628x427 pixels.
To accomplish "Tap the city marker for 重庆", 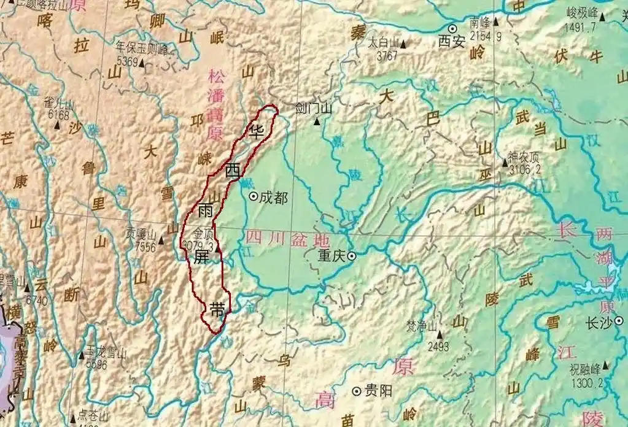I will tap(352, 256).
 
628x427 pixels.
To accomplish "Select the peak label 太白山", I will tap(383, 44).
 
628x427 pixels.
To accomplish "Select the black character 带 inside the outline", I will tap(217, 309).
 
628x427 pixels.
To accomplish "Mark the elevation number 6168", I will tap(60, 113).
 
